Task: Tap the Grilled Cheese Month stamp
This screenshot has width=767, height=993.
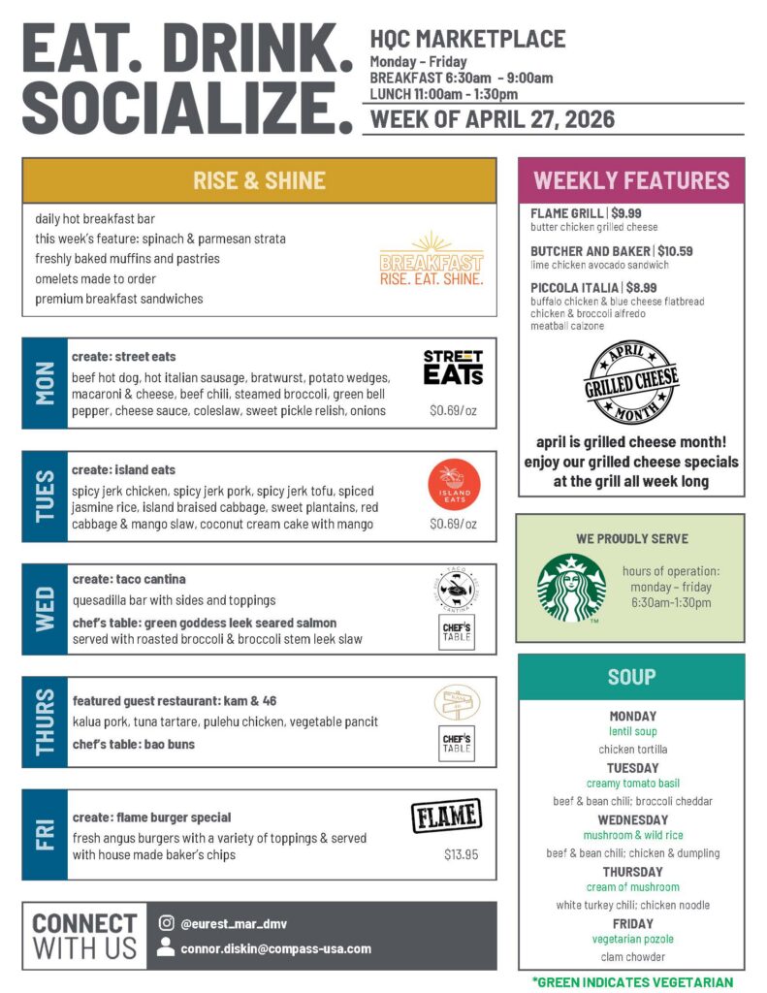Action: point(631,383)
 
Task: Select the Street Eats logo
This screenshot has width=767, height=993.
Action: point(453,368)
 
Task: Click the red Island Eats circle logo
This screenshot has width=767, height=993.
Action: point(454,485)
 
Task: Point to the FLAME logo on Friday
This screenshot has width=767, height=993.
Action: point(446,817)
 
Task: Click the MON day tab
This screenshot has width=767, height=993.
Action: point(45,383)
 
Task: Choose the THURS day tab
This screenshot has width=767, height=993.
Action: point(45,722)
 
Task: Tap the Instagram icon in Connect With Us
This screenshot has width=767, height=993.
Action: point(166,924)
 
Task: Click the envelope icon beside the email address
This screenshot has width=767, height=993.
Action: point(166,948)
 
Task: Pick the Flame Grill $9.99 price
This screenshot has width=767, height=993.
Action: point(626,213)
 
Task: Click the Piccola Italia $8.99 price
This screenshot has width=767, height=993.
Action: point(641,288)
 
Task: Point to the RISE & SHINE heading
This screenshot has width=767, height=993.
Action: point(259,180)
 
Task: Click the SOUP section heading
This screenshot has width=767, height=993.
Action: point(631,677)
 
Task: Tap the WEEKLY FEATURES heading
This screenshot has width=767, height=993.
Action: point(631,180)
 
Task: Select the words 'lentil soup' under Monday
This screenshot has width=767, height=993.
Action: point(632,732)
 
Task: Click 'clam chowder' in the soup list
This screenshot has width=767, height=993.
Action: point(632,957)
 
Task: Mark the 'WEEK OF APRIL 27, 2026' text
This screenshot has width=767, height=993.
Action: point(493,120)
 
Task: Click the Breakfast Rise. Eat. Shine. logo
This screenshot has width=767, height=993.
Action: point(431,260)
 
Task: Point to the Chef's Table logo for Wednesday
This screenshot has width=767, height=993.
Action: point(456,632)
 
